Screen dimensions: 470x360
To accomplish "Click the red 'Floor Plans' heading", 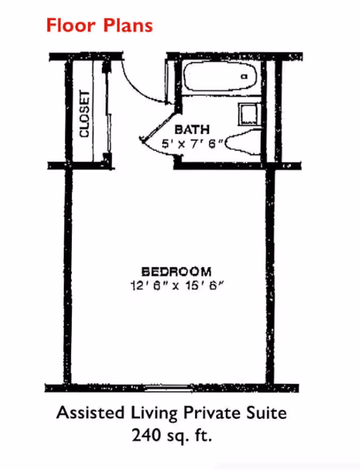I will pos(99,25).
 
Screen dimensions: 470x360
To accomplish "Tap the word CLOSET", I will pos(84,113).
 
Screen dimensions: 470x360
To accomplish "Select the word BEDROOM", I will pos(176,271).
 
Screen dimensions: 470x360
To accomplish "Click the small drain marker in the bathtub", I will pos(244,76).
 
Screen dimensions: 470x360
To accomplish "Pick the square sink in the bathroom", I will pos(247,114).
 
